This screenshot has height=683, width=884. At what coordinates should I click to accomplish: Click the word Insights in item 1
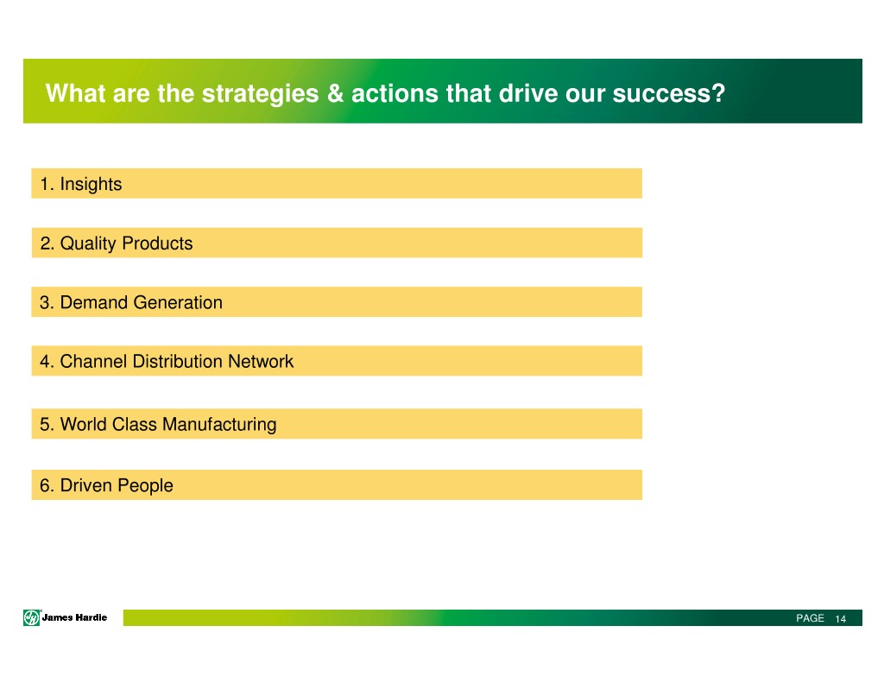click(x=91, y=185)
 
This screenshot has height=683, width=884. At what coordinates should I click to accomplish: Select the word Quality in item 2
click(x=88, y=243)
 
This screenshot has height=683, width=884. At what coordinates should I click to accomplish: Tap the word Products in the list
click(x=157, y=243)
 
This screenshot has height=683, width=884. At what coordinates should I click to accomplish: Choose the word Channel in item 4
click(x=93, y=361)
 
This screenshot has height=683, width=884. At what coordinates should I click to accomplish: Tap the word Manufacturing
click(x=219, y=425)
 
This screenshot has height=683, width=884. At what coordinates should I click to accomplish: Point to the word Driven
click(x=85, y=485)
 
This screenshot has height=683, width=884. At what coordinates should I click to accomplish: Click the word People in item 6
click(x=145, y=485)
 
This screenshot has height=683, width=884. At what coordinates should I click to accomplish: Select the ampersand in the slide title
click(x=336, y=93)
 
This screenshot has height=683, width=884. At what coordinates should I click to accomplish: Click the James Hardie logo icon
click(x=32, y=617)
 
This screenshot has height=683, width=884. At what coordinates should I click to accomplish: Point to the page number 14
click(x=841, y=619)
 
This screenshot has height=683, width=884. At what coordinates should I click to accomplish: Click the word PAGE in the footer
click(x=810, y=618)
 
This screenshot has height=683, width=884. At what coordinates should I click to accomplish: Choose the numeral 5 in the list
click(x=45, y=424)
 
